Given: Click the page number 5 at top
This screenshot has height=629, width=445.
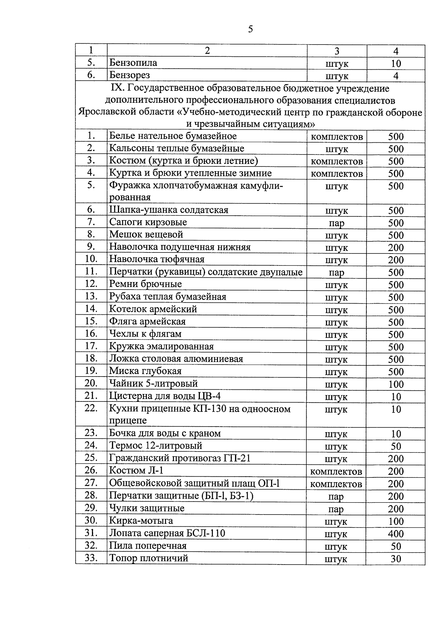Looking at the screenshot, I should click(250, 29).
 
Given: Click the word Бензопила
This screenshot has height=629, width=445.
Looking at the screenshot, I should click(133, 63).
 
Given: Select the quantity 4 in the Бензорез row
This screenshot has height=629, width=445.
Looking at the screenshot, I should click(396, 76).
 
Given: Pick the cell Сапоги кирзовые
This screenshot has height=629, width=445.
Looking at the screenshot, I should click(148, 222).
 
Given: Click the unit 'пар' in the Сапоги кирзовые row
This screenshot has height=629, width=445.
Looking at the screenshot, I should click(336, 223).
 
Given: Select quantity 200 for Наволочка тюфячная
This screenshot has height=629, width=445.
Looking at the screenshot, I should click(396, 260).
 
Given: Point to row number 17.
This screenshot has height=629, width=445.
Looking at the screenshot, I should click(91, 346).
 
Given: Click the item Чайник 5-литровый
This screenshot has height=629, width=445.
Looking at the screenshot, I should click(153, 383).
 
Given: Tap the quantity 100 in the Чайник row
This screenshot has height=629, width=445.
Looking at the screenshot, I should click(396, 384).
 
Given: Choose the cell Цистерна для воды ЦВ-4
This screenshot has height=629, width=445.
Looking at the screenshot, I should click(165, 396).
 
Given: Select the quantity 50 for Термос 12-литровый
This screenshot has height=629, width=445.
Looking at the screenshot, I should click(396, 446).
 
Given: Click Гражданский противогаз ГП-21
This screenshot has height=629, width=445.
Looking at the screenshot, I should click(179, 458).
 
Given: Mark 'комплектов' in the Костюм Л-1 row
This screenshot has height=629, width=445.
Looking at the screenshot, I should click(336, 471).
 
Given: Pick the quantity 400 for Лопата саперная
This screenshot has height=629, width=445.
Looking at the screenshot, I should click(396, 534).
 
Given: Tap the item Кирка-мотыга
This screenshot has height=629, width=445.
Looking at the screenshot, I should click(141, 521).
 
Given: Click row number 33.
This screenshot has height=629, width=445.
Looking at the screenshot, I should click(91, 558).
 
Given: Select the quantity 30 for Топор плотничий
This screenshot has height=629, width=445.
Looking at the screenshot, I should click(396, 559).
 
